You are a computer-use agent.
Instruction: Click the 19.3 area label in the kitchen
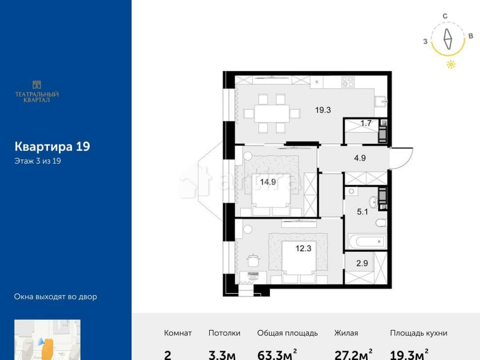323,110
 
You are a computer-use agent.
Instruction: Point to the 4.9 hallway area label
360,158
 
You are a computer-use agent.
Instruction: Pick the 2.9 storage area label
362,263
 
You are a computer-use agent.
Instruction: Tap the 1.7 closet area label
366,123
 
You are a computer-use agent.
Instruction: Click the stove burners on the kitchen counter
348,82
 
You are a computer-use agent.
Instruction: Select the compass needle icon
448,39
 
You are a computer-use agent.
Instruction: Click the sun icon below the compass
451,65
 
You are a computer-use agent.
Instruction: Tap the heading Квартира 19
52,146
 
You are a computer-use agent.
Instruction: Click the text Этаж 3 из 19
37,161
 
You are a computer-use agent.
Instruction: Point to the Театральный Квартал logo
37,91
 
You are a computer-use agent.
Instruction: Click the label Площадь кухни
419,333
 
